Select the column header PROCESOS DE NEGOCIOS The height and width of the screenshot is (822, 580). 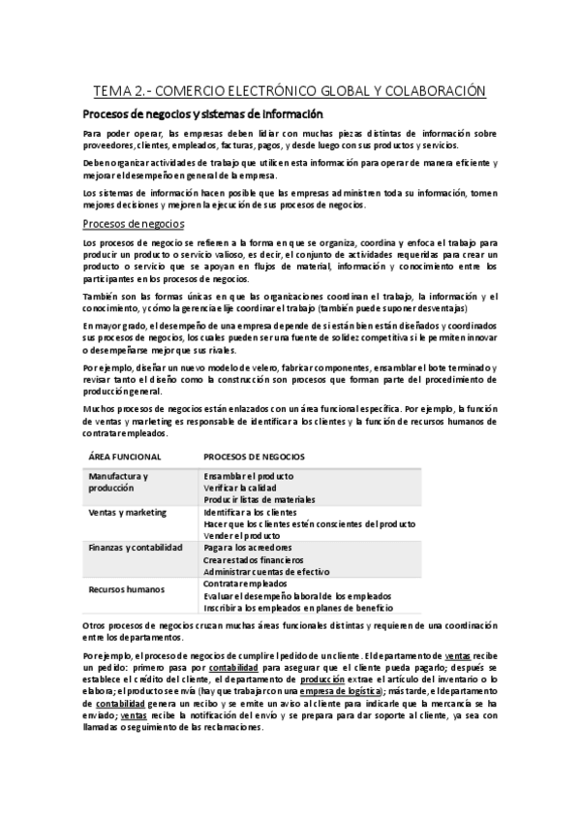(255, 456)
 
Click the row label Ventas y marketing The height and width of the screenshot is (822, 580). (127, 512)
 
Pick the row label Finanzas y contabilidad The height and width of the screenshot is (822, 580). (135, 547)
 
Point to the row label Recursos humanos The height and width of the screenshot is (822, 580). (126, 588)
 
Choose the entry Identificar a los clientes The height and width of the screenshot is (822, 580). (250, 512)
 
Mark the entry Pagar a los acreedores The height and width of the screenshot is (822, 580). (247, 547)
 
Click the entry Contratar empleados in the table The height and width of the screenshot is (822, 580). (245, 584)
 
